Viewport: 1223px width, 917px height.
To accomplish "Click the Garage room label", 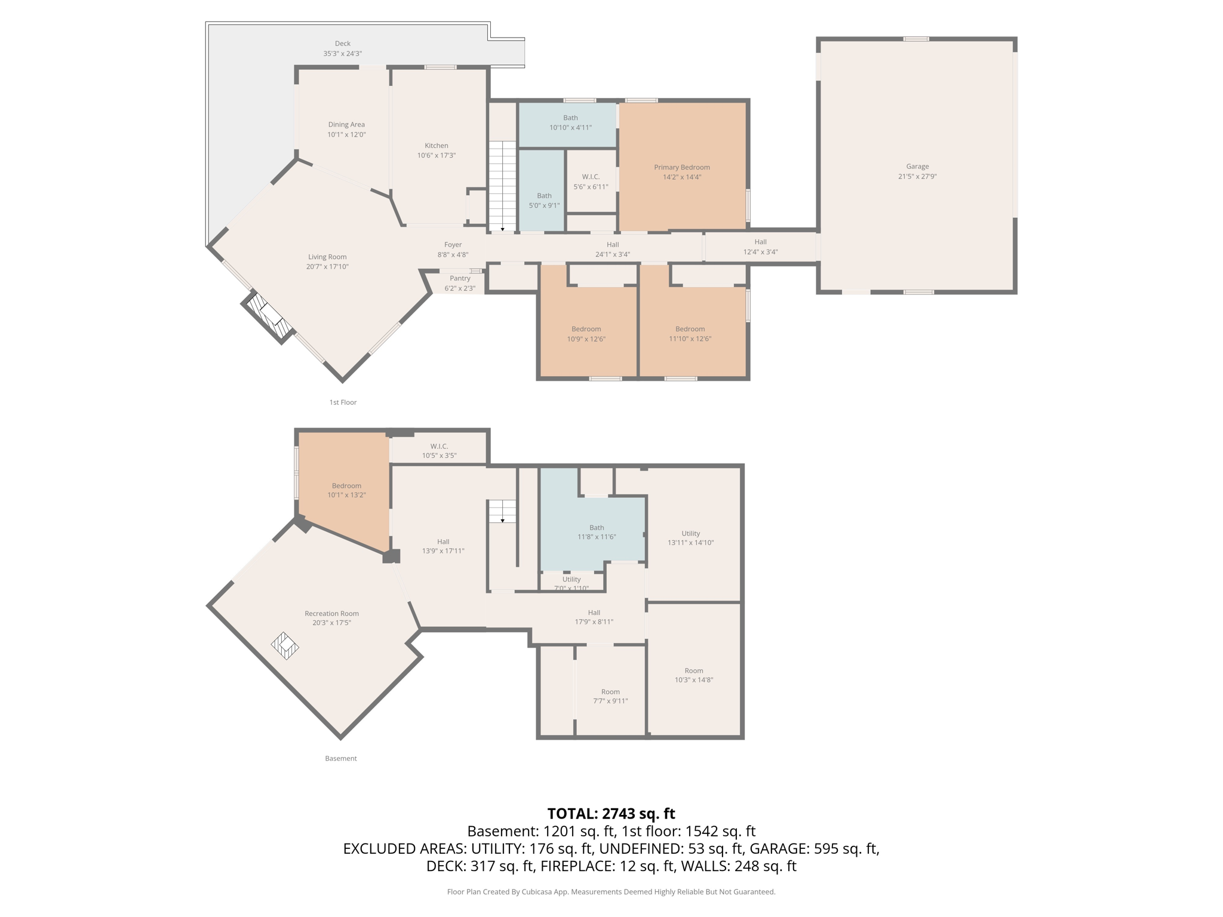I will (917, 167).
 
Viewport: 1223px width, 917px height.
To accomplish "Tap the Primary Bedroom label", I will (681, 167).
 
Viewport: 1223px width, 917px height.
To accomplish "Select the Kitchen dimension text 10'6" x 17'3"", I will (436, 156).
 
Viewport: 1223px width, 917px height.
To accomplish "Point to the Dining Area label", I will (346, 125).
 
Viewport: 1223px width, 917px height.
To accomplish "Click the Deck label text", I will (343, 44).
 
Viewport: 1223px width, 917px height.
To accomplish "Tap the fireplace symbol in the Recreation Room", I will (285, 645).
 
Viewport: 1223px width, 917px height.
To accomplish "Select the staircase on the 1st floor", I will (502, 185).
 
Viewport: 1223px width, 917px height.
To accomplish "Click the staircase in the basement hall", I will (502, 511).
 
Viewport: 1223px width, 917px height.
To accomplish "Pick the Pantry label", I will (460, 278).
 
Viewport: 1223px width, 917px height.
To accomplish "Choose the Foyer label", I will (453, 245).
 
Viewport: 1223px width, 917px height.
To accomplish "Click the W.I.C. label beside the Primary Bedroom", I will (591, 177).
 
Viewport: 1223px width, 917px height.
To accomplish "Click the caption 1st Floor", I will (343, 402).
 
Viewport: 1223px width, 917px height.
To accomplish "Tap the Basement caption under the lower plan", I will (341, 758).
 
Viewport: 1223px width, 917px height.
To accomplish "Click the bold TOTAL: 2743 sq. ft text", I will (611, 814).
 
